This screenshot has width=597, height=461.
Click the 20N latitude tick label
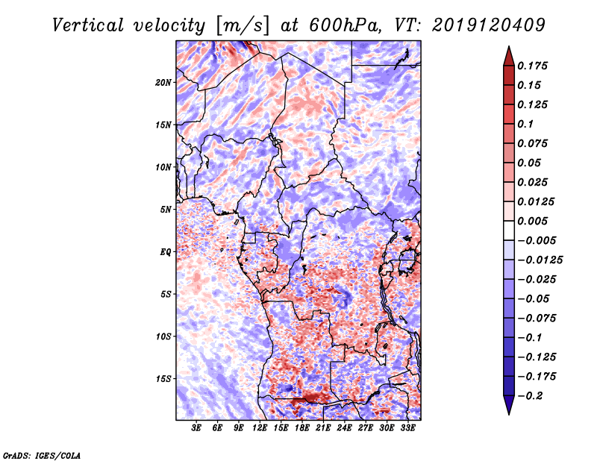[x=163, y=82]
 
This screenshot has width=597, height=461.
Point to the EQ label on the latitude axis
[x=166, y=251]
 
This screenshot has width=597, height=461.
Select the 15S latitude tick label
[x=163, y=378]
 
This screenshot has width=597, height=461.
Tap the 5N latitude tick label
[x=166, y=209]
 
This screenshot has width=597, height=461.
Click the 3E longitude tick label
[x=196, y=428]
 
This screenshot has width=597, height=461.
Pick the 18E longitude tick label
[x=302, y=428]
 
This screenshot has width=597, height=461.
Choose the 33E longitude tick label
[x=407, y=428]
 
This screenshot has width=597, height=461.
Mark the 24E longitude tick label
[x=344, y=428]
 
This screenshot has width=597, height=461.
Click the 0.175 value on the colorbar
[x=534, y=66]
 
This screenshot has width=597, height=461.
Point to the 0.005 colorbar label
[x=534, y=221]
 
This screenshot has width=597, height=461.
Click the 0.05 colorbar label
[x=531, y=163]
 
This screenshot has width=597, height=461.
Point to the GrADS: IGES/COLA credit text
[x=42, y=454]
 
